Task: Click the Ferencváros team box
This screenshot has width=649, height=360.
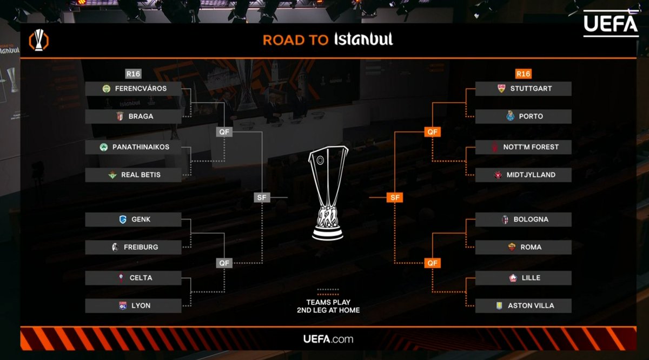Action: pos(133,89)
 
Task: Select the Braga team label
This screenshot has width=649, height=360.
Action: pos(141,116)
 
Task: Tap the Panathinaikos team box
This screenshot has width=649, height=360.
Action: pos(133,147)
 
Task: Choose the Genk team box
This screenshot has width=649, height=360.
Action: pos(133,219)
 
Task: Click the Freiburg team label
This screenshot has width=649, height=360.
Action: pos(141,247)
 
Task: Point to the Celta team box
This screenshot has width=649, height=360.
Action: pos(133,278)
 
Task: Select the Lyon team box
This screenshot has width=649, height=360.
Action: pos(133,305)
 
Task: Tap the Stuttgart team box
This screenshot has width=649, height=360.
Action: pos(523,89)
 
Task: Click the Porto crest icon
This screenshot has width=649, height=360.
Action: pos(509,116)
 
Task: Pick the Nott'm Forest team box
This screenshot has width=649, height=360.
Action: pos(523,147)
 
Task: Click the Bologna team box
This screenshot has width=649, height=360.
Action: pos(523,219)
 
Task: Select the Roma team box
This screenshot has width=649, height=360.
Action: pos(523,247)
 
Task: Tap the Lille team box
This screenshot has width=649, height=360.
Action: pos(523,278)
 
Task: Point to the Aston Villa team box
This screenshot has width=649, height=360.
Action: pos(523,305)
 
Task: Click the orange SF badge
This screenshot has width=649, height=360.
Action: pos(395,198)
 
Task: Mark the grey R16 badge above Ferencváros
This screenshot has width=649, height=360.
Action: pos(133,74)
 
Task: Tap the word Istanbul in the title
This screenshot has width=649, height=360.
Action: pos(363,39)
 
